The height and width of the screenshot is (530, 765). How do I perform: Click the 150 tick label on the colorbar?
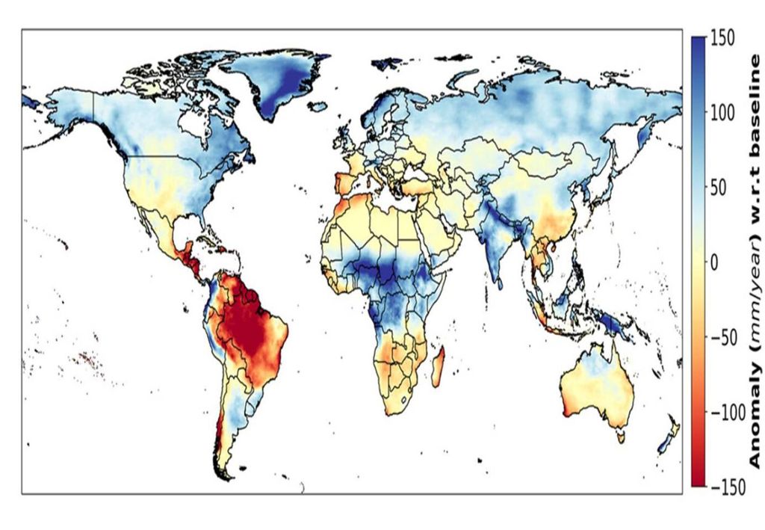[724, 38]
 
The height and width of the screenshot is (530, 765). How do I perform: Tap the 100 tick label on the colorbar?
[724, 113]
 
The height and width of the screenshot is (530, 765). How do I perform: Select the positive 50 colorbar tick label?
[719, 188]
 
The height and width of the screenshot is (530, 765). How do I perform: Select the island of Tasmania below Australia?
[620, 436]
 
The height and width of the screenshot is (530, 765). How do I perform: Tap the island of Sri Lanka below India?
[499, 281]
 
